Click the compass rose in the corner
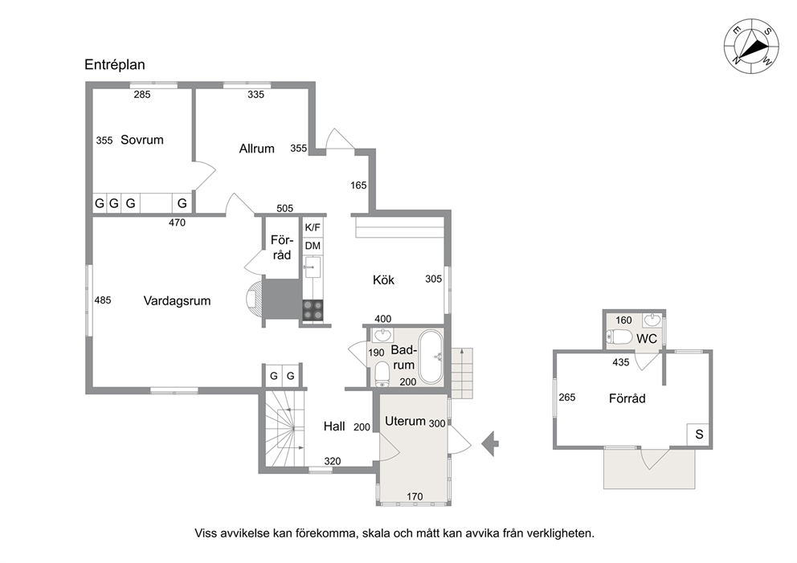tap(750, 46)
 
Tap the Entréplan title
tap(115, 64)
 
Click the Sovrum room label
tap(142, 140)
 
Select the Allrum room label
tap(256, 149)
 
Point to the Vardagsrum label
tap(177, 300)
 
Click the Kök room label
tap(383, 279)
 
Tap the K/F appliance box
tap(313, 227)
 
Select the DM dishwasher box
tap(313, 246)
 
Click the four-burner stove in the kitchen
tap(313, 310)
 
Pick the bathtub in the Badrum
tap(431, 357)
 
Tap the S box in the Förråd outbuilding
tap(700, 434)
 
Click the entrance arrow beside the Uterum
tap(490, 443)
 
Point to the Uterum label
tap(405, 421)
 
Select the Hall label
tap(334, 426)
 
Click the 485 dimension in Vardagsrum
tap(103, 300)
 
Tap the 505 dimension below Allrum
tap(284, 208)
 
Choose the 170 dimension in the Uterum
tap(415, 496)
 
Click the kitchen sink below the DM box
tap(313, 267)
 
